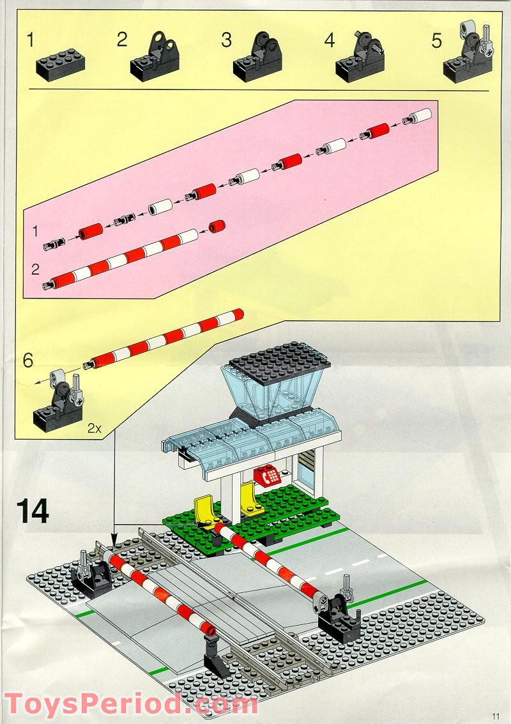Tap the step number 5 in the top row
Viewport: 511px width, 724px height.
click(x=436, y=40)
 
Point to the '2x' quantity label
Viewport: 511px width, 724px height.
click(x=95, y=429)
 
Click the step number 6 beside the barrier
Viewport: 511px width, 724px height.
click(x=27, y=360)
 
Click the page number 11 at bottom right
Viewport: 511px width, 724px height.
click(x=496, y=715)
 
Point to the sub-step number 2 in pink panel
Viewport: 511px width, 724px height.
click(x=36, y=268)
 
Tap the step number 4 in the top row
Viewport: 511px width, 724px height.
click(x=330, y=40)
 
